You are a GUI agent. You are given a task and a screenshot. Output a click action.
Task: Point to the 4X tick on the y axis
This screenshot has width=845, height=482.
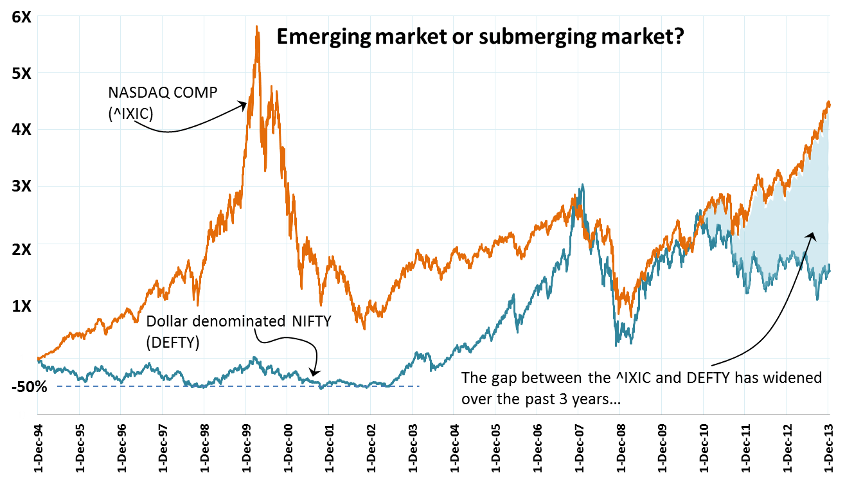[22, 130]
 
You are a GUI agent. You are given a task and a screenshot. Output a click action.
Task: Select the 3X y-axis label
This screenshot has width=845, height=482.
[22, 186]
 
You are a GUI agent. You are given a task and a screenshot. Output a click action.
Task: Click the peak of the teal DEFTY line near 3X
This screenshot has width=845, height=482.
[582, 186]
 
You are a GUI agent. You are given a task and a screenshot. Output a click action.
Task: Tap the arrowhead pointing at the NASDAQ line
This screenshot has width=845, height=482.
[244, 103]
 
